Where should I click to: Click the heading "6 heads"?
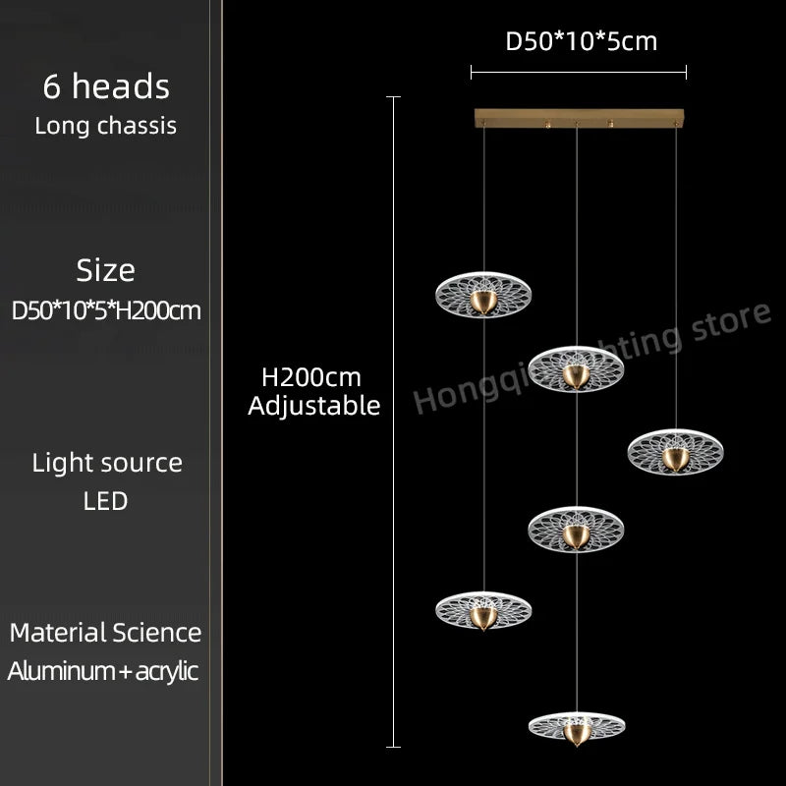pyautogui.click(x=106, y=86)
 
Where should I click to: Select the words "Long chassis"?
pyautogui.click(x=106, y=126)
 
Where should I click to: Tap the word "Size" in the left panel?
pyautogui.click(x=106, y=270)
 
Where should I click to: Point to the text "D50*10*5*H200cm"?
pyautogui.click(x=106, y=310)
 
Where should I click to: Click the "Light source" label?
pyautogui.click(x=107, y=463)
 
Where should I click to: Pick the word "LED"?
pyautogui.click(x=106, y=501)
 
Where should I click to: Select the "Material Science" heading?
pyautogui.click(x=106, y=633)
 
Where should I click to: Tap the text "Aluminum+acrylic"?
pyautogui.click(x=103, y=671)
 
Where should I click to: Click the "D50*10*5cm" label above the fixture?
pyautogui.click(x=581, y=41)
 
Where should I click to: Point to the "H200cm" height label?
pyautogui.click(x=311, y=377)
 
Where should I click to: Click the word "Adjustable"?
pyautogui.click(x=313, y=406)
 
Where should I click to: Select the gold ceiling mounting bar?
pyautogui.click(x=578, y=118)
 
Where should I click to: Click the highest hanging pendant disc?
pyautogui.click(x=482, y=292)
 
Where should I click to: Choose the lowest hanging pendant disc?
pyautogui.click(x=577, y=719)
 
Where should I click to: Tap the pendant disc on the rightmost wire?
pyautogui.click(x=675, y=450)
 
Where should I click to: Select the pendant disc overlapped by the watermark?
pyautogui.click(x=577, y=368)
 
